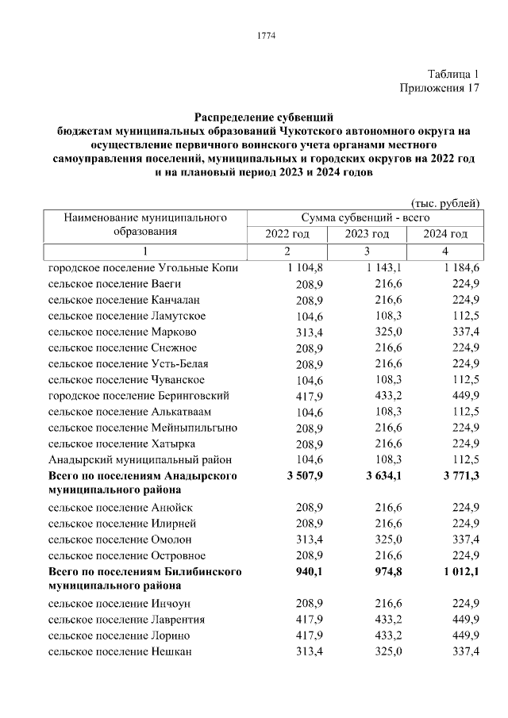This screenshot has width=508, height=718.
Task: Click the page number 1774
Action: click(x=265, y=35)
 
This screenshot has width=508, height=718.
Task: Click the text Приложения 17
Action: click(x=440, y=87)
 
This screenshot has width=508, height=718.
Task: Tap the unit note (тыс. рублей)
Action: click(x=444, y=203)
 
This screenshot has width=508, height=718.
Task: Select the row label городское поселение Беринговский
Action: click(x=139, y=395)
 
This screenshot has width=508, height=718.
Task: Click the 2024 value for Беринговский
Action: click(x=464, y=395)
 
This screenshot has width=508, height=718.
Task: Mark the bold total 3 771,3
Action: click(x=463, y=475)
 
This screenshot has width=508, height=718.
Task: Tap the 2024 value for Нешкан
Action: click(x=464, y=651)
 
